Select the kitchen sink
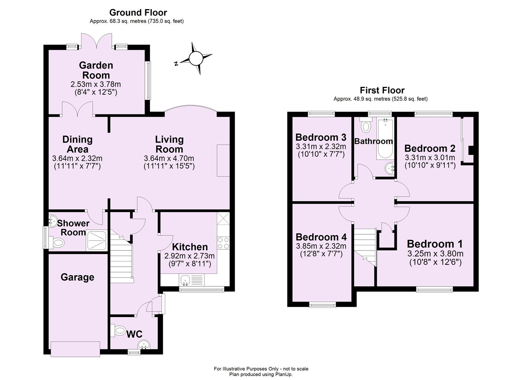pos(185,280)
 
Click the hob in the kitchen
pos(223,243)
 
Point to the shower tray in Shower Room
pos(96,241)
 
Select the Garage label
pos(77,277)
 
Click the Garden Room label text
pos(96,70)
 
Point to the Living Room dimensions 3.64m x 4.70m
pos(169,158)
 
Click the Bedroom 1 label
pos(434,244)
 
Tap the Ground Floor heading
pos(138,12)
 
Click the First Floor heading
pos(382,90)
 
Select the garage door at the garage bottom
pos(75,349)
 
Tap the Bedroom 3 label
pos(321,137)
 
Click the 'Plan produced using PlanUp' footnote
pos(261,374)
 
